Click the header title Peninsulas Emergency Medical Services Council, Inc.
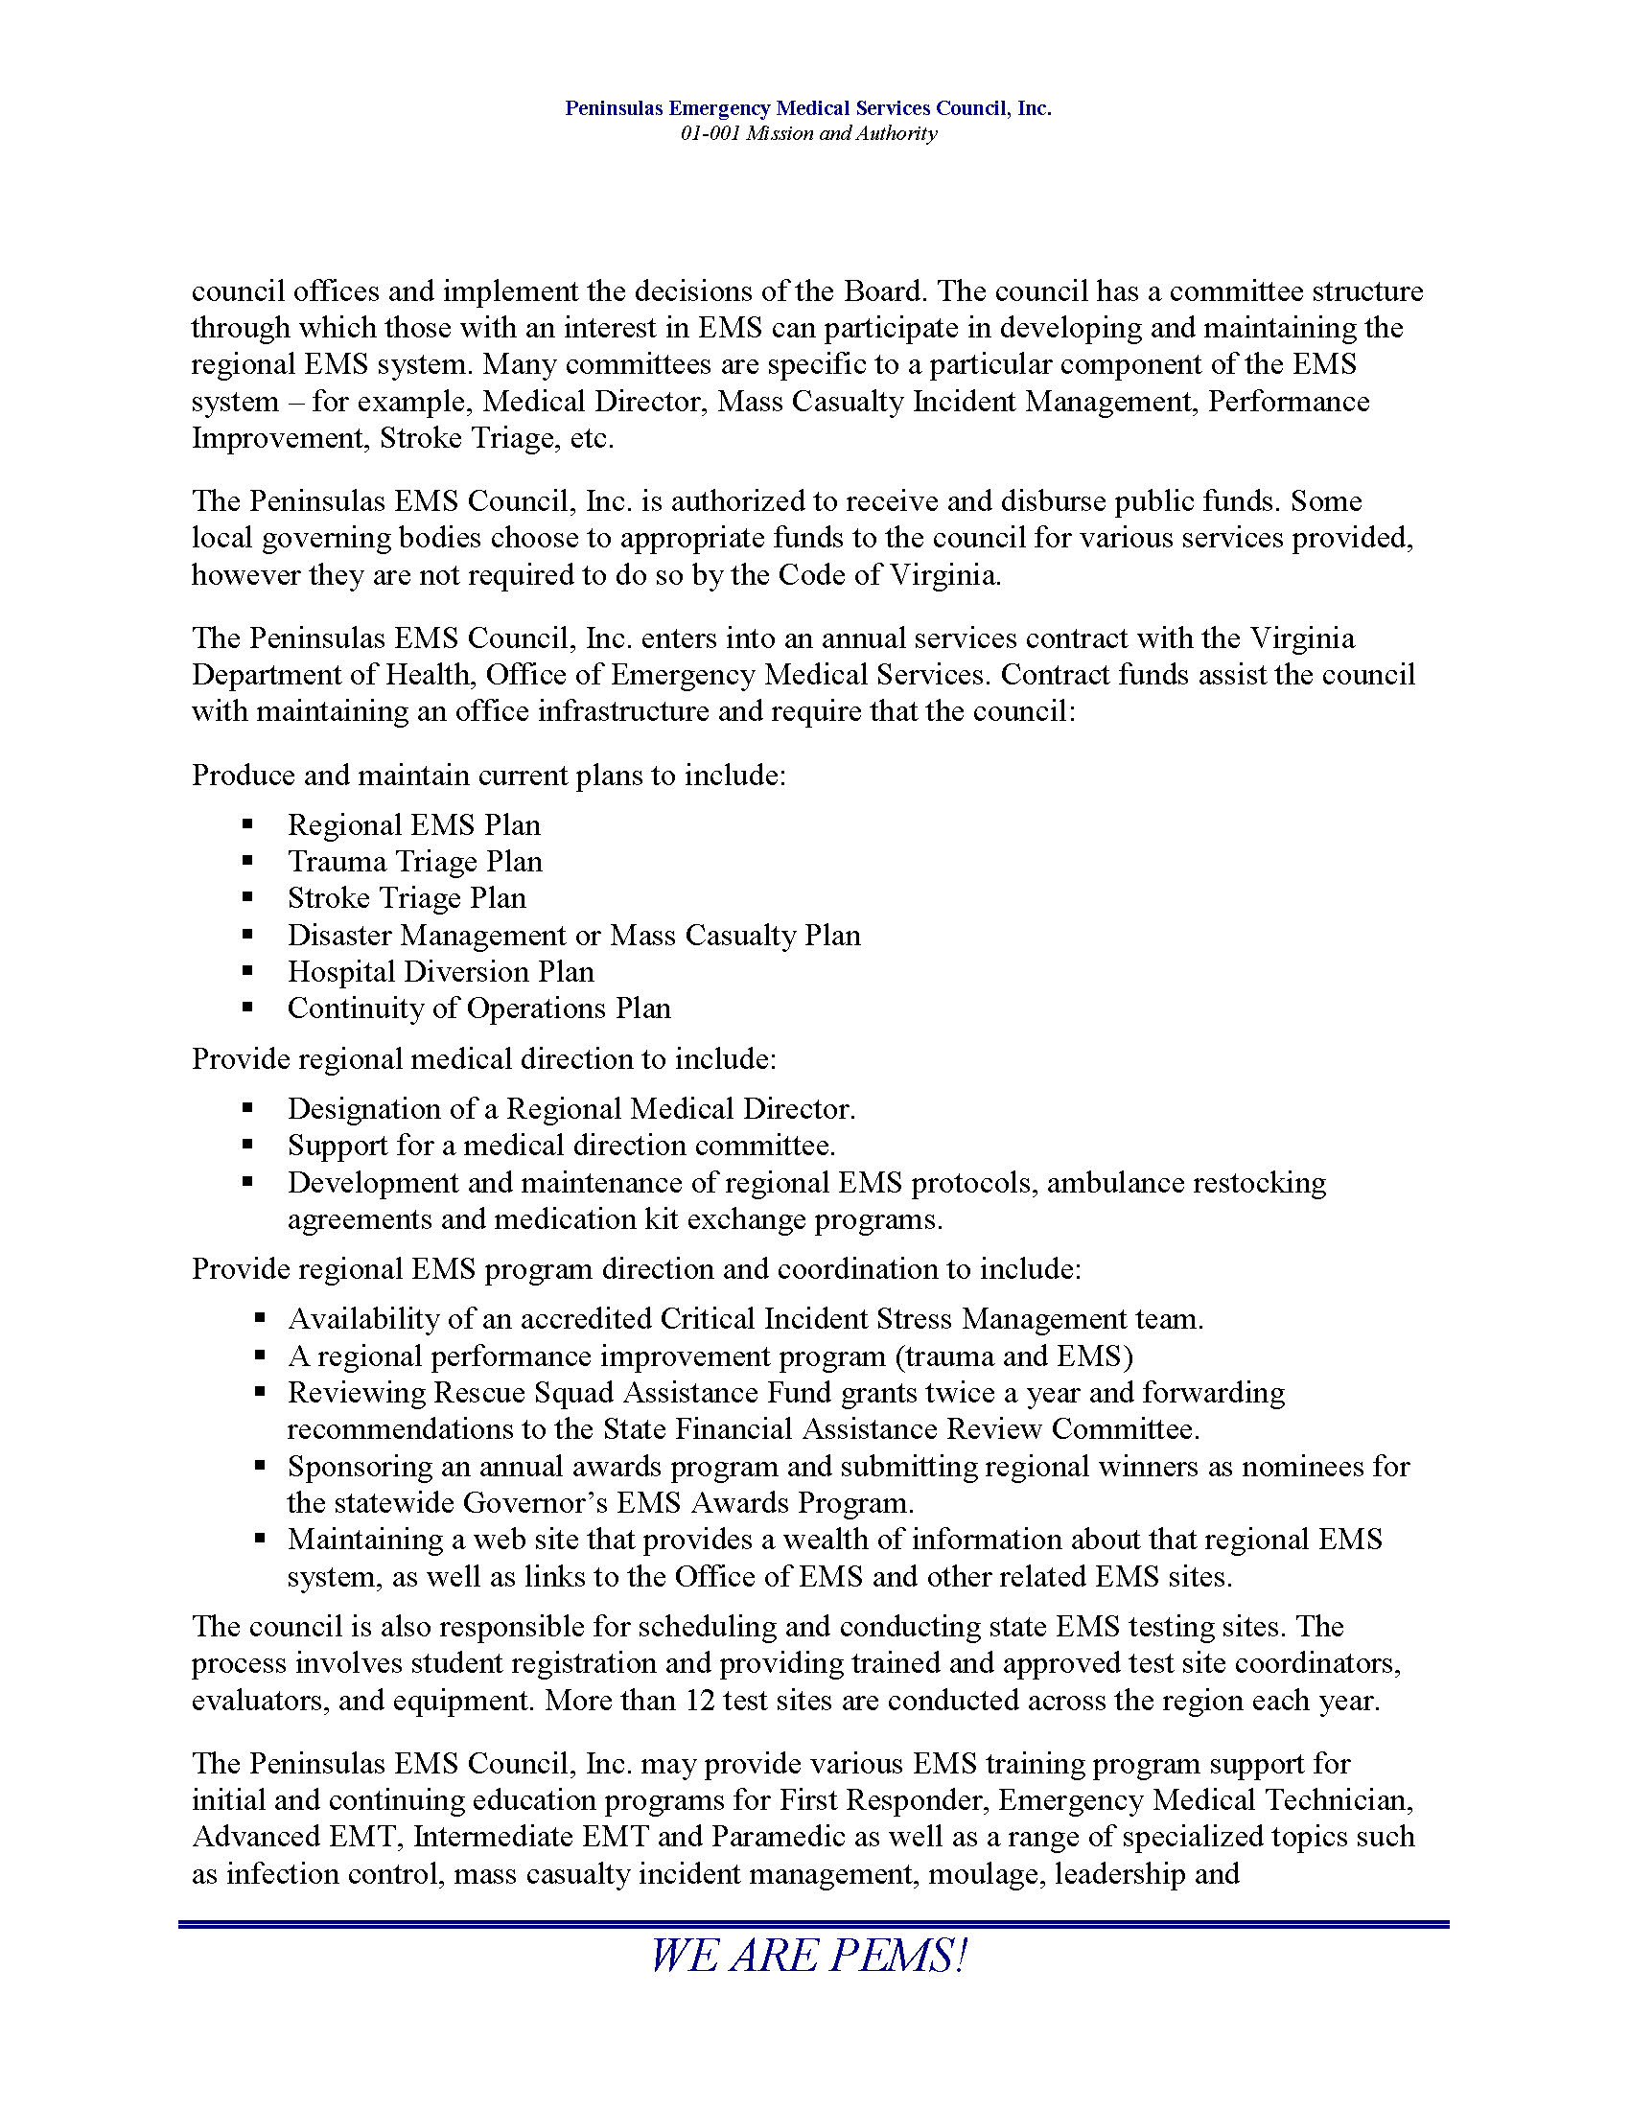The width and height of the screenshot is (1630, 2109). pyautogui.click(x=808, y=108)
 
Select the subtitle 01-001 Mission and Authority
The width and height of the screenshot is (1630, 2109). pyautogui.click(x=808, y=133)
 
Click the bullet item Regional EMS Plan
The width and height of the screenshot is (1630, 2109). pyautogui.click(x=413, y=824)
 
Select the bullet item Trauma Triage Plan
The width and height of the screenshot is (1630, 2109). pyautogui.click(x=414, y=862)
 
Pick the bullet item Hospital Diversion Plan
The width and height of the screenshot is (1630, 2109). pyautogui.click(x=440, y=971)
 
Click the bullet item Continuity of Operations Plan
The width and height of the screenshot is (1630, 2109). pyautogui.click(x=478, y=1008)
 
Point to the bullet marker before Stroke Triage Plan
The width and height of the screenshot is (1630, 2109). pyautogui.click(x=248, y=898)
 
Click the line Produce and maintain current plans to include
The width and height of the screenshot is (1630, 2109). pyautogui.click(x=489, y=776)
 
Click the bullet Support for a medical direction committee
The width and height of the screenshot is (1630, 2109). pyautogui.click(x=561, y=1146)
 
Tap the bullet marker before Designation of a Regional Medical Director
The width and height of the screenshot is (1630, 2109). pyautogui.click(x=248, y=1108)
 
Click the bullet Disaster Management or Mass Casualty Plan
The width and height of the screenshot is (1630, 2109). pyautogui.click(x=573, y=935)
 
